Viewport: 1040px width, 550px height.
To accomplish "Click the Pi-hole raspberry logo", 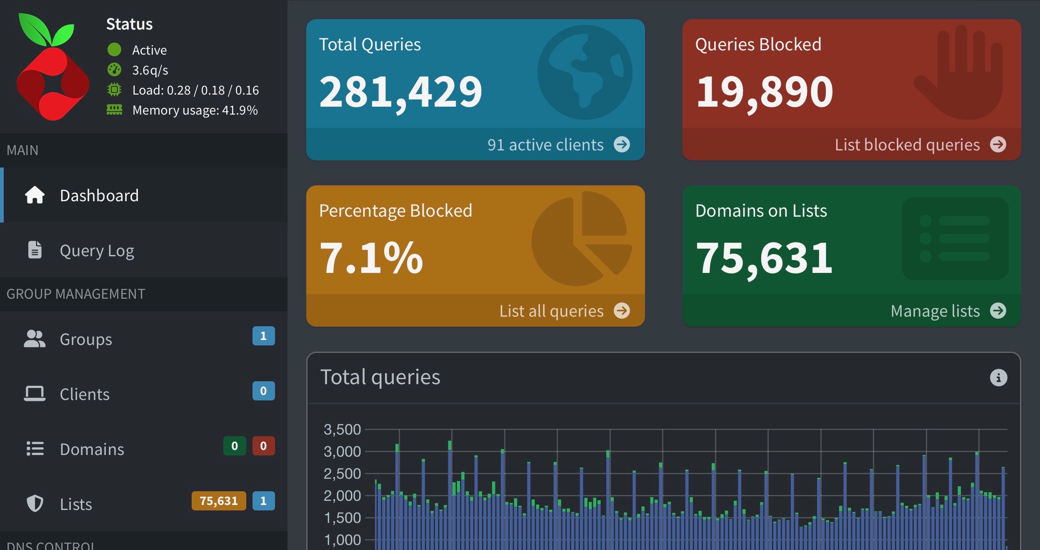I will (x=52, y=69).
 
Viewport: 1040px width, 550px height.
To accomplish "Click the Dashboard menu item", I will (x=99, y=195).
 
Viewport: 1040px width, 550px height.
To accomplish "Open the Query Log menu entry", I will (x=97, y=251).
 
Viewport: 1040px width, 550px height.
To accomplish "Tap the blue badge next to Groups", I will (x=263, y=336).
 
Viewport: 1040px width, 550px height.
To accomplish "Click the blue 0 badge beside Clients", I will (x=263, y=391).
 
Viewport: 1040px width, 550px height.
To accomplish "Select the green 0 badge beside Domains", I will (x=235, y=446).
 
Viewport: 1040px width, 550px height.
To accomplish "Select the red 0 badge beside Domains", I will (x=263, y=446).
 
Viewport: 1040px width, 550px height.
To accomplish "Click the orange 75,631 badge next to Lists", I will (x=218, y=501).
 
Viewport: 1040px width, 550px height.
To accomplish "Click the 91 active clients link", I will (x=545, y=145).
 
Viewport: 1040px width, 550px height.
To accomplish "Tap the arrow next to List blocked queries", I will (x=998, y=145).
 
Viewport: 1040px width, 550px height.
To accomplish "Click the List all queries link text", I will (x=551, y=311).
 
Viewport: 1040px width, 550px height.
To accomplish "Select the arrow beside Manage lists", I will (x=998, y=311).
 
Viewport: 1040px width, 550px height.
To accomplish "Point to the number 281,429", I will (x=400, y=92).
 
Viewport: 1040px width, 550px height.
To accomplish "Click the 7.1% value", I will (x=371, y=258).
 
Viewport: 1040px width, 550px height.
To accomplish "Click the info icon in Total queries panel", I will (x=998, y=378).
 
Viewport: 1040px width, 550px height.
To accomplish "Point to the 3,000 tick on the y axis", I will (x=342, y=452).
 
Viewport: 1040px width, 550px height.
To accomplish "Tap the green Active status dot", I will (x=114, y=50).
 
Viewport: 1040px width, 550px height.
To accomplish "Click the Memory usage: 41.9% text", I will (x=195, y=110).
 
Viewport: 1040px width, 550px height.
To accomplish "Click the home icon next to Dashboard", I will (x=35, y=195).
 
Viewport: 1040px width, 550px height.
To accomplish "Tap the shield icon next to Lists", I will (x=35, y=504).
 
